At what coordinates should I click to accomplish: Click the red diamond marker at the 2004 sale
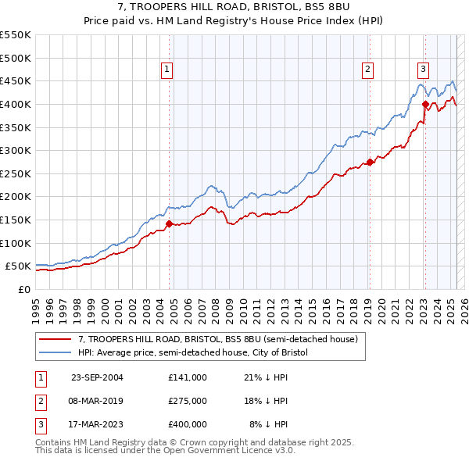coord(170,224)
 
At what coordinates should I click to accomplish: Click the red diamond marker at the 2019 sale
coord(370,163)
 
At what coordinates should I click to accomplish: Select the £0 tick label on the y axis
coord(25,289)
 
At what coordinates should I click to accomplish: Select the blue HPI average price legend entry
coord(193,352)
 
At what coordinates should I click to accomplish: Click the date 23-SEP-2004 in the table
coord(97,377)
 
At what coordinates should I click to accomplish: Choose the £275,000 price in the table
coord(188,401)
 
